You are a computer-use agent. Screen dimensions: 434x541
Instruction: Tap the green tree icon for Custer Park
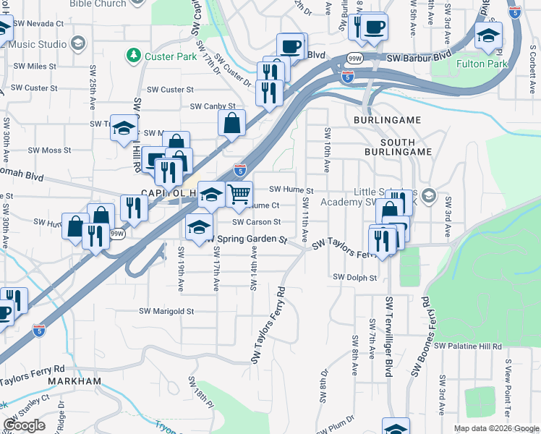133,55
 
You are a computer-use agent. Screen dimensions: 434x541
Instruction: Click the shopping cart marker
239,194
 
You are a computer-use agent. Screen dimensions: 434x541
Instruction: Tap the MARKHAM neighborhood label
74,380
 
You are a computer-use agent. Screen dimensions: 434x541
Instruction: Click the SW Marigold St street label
167,312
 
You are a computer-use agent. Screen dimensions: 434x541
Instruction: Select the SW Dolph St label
355,277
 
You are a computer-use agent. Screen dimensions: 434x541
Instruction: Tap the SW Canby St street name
213,106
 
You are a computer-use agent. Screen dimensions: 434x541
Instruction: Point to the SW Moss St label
49,151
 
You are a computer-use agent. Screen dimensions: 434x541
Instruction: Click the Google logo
25,425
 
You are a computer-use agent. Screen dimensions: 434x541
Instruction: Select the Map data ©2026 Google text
495,428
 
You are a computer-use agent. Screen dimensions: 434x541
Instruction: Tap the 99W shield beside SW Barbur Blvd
355,57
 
